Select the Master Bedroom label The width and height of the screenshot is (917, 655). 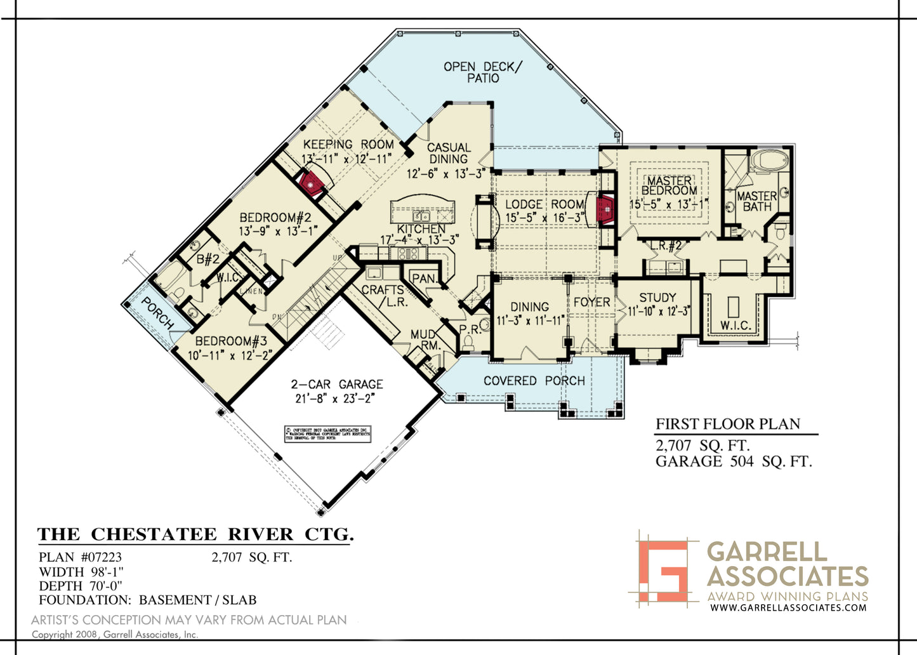coord(670,185)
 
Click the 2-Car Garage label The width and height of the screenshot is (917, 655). coord(337,385)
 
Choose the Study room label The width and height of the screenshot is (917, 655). coord(657,298)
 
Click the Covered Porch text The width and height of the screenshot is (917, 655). coord(534,381)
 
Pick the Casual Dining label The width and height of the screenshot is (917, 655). coord(449,153)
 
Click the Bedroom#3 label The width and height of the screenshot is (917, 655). coord(232,341)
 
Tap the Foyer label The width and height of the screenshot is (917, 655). coord(591,302)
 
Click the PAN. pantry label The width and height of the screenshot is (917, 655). coord(423,279)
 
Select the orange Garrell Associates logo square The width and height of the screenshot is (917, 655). coord(663,566)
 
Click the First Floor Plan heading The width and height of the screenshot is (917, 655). coord(728,424)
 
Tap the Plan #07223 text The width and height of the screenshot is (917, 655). coord(80,558)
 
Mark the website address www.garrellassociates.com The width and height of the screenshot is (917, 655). coord(788,607)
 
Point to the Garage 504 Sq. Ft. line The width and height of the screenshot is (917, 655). coord(734,461)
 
